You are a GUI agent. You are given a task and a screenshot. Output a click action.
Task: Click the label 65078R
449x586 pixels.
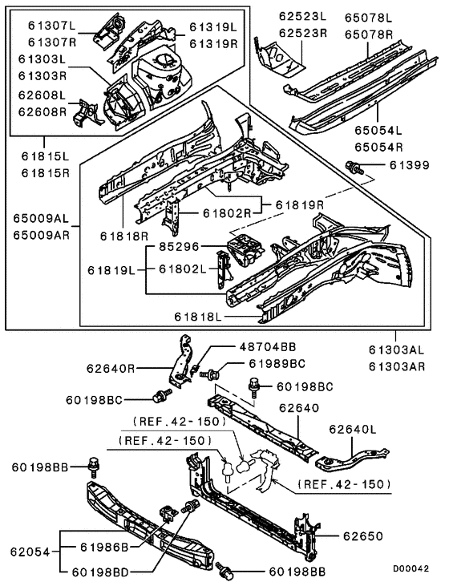coord(369,34)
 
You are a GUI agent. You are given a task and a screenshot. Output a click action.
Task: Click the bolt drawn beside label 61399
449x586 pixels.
coord(354,168)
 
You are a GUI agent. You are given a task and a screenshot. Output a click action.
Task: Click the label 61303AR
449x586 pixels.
coord(396,365)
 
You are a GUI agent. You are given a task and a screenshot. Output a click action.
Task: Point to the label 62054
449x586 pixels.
coord(30,552)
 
